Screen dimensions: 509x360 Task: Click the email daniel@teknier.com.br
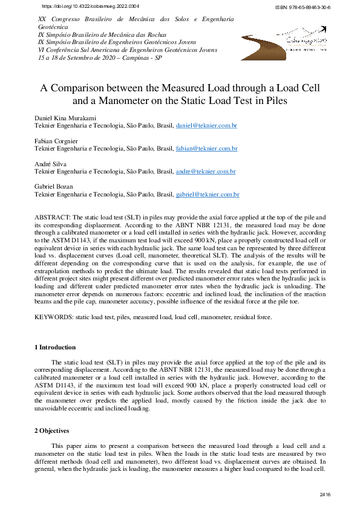click(x=206, y=126)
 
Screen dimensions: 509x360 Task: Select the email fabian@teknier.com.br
click(x=206, y=149)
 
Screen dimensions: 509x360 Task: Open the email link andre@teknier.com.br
click(x=205, y=172)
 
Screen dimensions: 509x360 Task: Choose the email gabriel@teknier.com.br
click(x=208, y=195)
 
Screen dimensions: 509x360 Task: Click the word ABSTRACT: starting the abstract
click(x=53, y=216)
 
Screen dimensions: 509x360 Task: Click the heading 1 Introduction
click(x=54, y=348)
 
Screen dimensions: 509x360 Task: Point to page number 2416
click(x=324, y=495)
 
